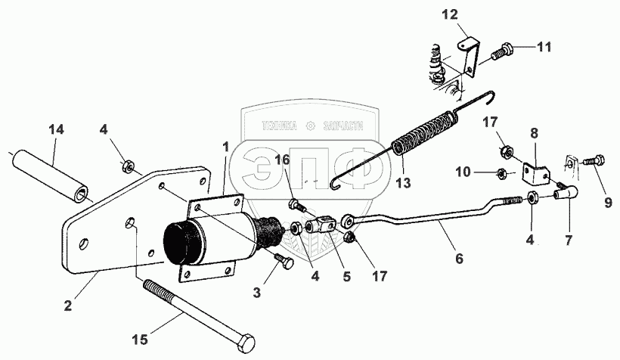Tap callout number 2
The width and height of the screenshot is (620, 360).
tap(69, 306)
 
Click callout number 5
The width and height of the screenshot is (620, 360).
tap(346, 277)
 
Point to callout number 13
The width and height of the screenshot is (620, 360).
tap(403, 182)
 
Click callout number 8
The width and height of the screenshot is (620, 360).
tap(535, 134)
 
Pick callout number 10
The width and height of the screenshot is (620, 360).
tap(463, 173)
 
